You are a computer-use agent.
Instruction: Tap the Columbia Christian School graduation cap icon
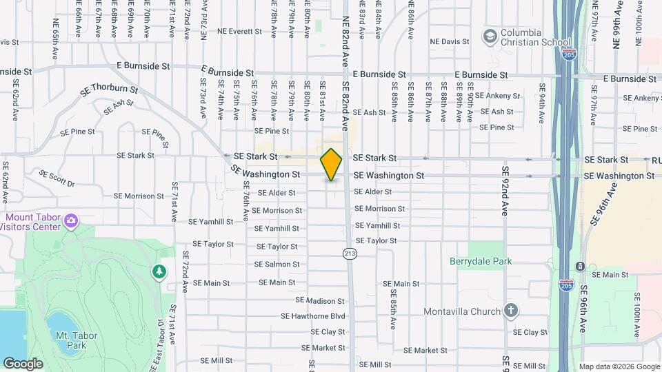point(490,37)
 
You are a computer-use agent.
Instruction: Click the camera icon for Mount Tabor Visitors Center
point(71,220)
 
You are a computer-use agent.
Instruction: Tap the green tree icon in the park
point(160,271)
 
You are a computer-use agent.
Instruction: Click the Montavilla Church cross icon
point(510,311)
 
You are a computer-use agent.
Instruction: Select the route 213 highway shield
point(350,253)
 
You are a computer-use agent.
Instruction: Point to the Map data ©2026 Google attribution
point(619,366)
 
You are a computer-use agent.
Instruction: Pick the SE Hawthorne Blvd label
point(312,316)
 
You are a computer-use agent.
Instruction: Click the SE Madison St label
point(319,301)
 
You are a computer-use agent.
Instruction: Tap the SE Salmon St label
point(277,265)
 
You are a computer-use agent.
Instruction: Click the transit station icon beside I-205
point(581,267)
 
